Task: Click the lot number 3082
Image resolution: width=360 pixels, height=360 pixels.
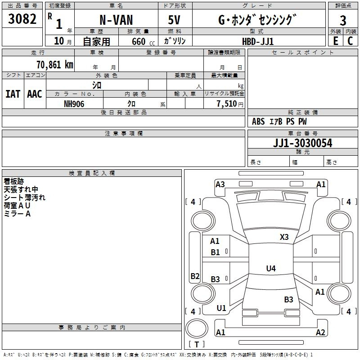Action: click(x=22, y=19)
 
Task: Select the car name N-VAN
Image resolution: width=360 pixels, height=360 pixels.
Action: click(x=116, y=20)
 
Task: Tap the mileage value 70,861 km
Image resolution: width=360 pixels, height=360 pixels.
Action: click(x=54, y=64)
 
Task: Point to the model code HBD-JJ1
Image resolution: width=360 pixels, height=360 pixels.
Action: click(x=257, y=41)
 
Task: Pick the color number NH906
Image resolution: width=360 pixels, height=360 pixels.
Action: click(x=74, y=104)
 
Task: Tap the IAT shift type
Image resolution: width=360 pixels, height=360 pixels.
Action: click(x=13, y=94)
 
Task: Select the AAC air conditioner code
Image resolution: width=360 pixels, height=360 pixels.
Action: click(x=34, y=94)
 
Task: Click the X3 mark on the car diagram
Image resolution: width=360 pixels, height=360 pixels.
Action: click(x=284, y=237)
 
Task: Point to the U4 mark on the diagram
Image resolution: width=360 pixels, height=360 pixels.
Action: click(x=270, y=269)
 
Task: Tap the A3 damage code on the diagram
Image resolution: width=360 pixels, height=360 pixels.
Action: click(x=220, y=184)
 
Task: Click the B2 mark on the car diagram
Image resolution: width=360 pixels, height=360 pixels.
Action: click(x=195, y=276)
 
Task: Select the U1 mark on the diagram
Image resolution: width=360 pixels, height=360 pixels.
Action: click(x=221, y=308)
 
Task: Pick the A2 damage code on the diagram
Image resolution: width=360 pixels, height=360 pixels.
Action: click(x=320, y=333)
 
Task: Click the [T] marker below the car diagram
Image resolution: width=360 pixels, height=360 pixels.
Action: click(x=196, y=344)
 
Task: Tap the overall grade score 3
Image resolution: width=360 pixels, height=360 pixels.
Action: click(x=343, y=20)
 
